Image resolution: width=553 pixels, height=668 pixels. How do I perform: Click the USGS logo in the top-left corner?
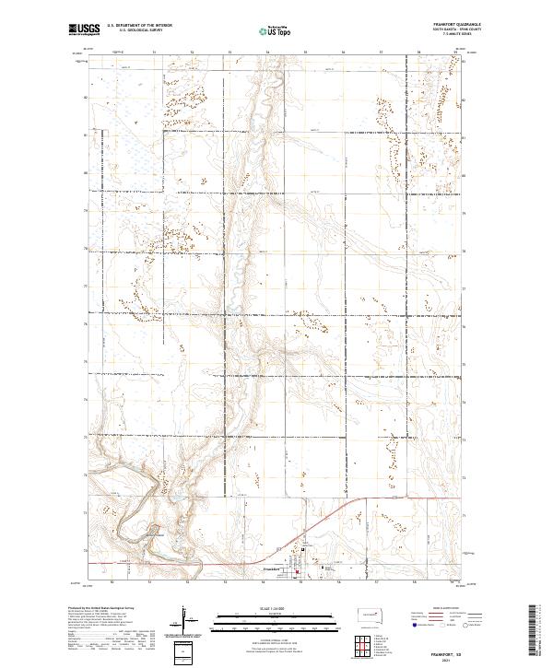84,29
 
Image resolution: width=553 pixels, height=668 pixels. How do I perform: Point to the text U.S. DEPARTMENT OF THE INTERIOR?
139,26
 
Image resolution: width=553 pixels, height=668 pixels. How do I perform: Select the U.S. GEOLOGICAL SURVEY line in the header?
139,30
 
